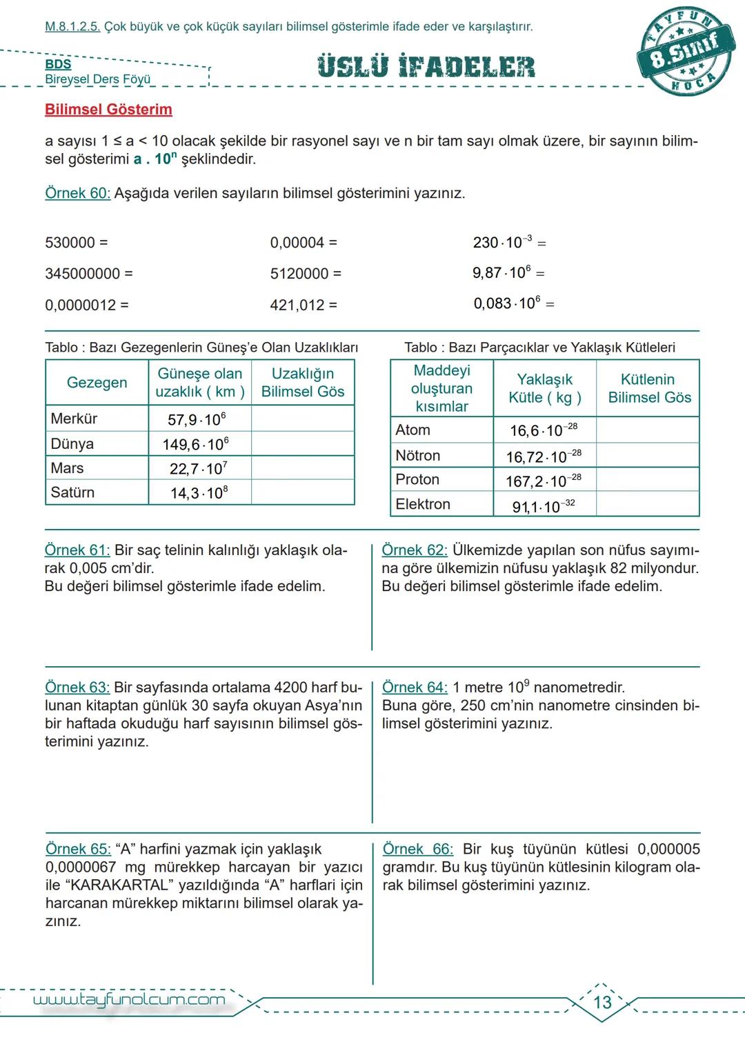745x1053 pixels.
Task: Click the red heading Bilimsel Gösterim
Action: pyautogui.click(x=108, y=110)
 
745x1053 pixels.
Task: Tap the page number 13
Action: pyautogui.click(x=602, y=1002)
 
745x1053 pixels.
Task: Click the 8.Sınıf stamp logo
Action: pyautogui.click(x=686, y=54)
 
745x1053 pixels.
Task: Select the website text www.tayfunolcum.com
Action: pyautogui.click(x=129, y=1000)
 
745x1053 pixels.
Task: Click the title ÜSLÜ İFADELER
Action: pyautogui.click(x=426, y=67)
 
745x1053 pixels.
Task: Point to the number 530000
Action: pyautogui.click(x=70, y=243)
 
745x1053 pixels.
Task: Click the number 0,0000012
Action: pyautogui.click(x=80, y=305)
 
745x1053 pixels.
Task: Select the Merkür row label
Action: pyautogui.click(x=74, y=419)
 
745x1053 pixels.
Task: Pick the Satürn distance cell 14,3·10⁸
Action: pyautogui.click(x=199, y=493)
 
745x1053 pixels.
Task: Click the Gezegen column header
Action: pyautogui.click(x=97, y=383)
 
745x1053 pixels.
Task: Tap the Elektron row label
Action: pyautogui.click(x=422, y=504)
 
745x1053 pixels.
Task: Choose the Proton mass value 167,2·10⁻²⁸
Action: pyautogui.click(x=544, y=481)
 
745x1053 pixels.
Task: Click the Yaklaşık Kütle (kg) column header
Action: pyautogui.click(x=544, y=388)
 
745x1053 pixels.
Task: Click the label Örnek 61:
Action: pyautogui.click(x=77, y=550)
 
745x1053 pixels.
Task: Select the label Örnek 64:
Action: pyautogui.click(x=415, y=688)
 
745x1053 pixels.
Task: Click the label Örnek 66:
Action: pyautogui.click(x=417, y=849)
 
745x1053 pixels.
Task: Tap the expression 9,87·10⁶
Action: pyautogui.click(x=501, y=273)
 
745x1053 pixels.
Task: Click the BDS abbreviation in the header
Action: pyautogui.click(x=58, y=64)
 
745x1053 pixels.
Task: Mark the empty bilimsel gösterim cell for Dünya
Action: pyautogui.click(x=303, y=443)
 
